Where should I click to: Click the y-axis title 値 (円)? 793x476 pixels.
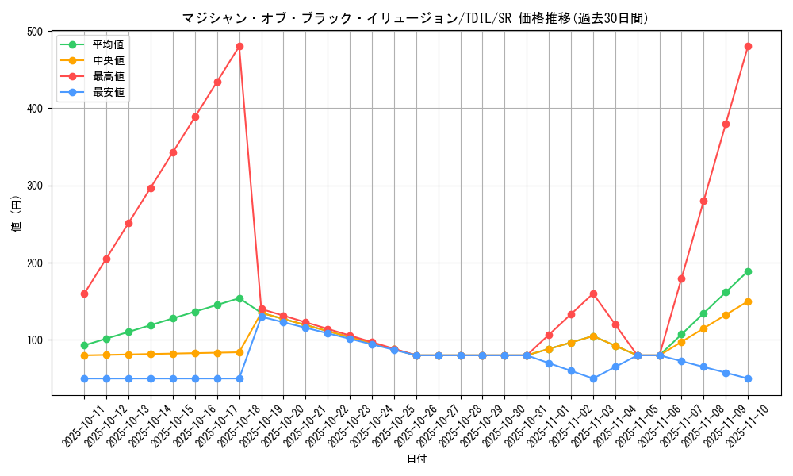click(17, 213)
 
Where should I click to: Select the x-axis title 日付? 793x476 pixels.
click(416, 459)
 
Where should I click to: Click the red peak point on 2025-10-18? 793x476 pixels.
click(239, 46)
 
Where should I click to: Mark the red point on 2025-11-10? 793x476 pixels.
click(748, 46)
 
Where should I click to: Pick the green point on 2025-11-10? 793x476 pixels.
click(748, 271)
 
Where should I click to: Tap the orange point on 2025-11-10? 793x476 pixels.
click(748, 301)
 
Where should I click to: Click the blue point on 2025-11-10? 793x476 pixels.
click(748, 378)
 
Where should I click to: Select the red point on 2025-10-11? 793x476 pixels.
click(84, 294)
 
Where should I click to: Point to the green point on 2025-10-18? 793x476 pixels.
click(239, 298)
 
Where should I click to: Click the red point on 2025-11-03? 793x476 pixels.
click(593, 294)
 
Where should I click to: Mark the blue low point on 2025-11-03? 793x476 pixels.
click(593, 378)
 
